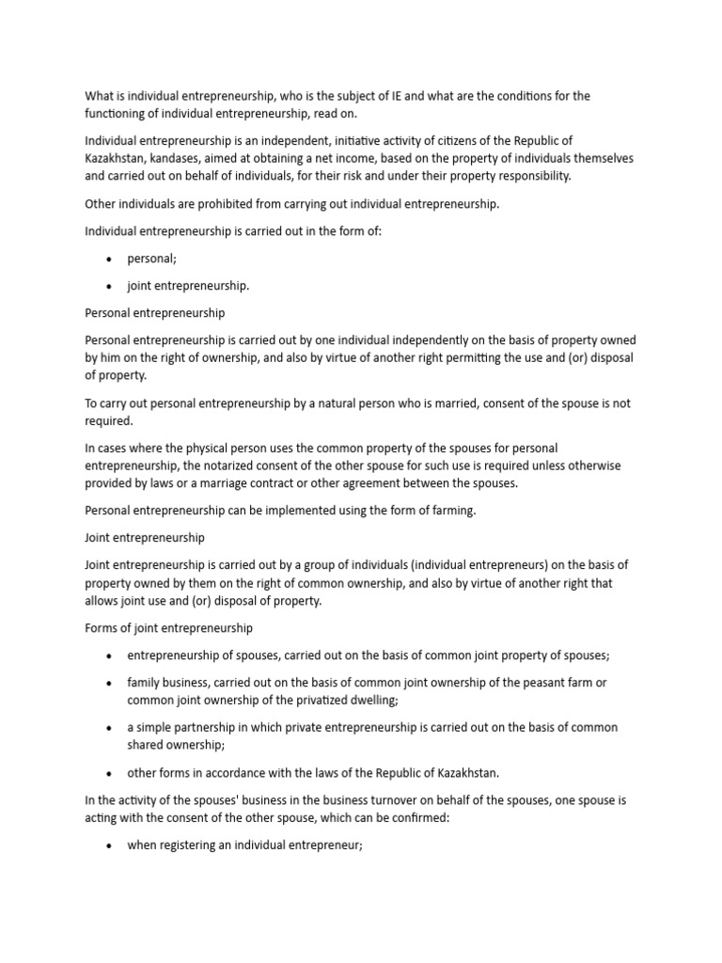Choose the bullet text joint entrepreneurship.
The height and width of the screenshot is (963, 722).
click(188, 286)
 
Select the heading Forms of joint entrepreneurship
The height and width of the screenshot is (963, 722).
click(168, 627)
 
